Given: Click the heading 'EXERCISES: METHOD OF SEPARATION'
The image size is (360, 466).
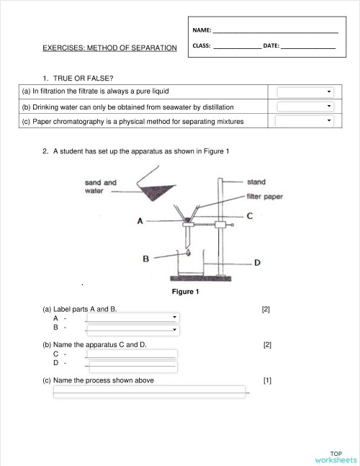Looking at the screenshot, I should (109, 48).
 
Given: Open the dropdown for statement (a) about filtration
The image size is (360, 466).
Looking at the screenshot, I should (306, 92).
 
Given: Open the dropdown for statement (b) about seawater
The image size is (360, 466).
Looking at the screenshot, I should (306, 107).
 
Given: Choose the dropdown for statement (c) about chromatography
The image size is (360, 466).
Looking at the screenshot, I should (306, 121).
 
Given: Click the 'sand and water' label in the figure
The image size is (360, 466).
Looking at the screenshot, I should (100, 187).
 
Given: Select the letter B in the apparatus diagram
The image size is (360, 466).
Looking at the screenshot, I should (145, 259).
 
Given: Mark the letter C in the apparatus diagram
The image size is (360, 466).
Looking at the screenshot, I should (249, 215).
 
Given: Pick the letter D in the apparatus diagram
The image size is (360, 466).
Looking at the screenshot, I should (257, 263).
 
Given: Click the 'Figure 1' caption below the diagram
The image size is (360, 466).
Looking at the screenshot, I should (184, 292).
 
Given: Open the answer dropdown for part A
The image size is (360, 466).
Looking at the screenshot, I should (132, 318).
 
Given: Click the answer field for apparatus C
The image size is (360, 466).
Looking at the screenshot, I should (131, 354).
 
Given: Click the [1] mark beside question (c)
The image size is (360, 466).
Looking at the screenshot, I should (267, 380).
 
